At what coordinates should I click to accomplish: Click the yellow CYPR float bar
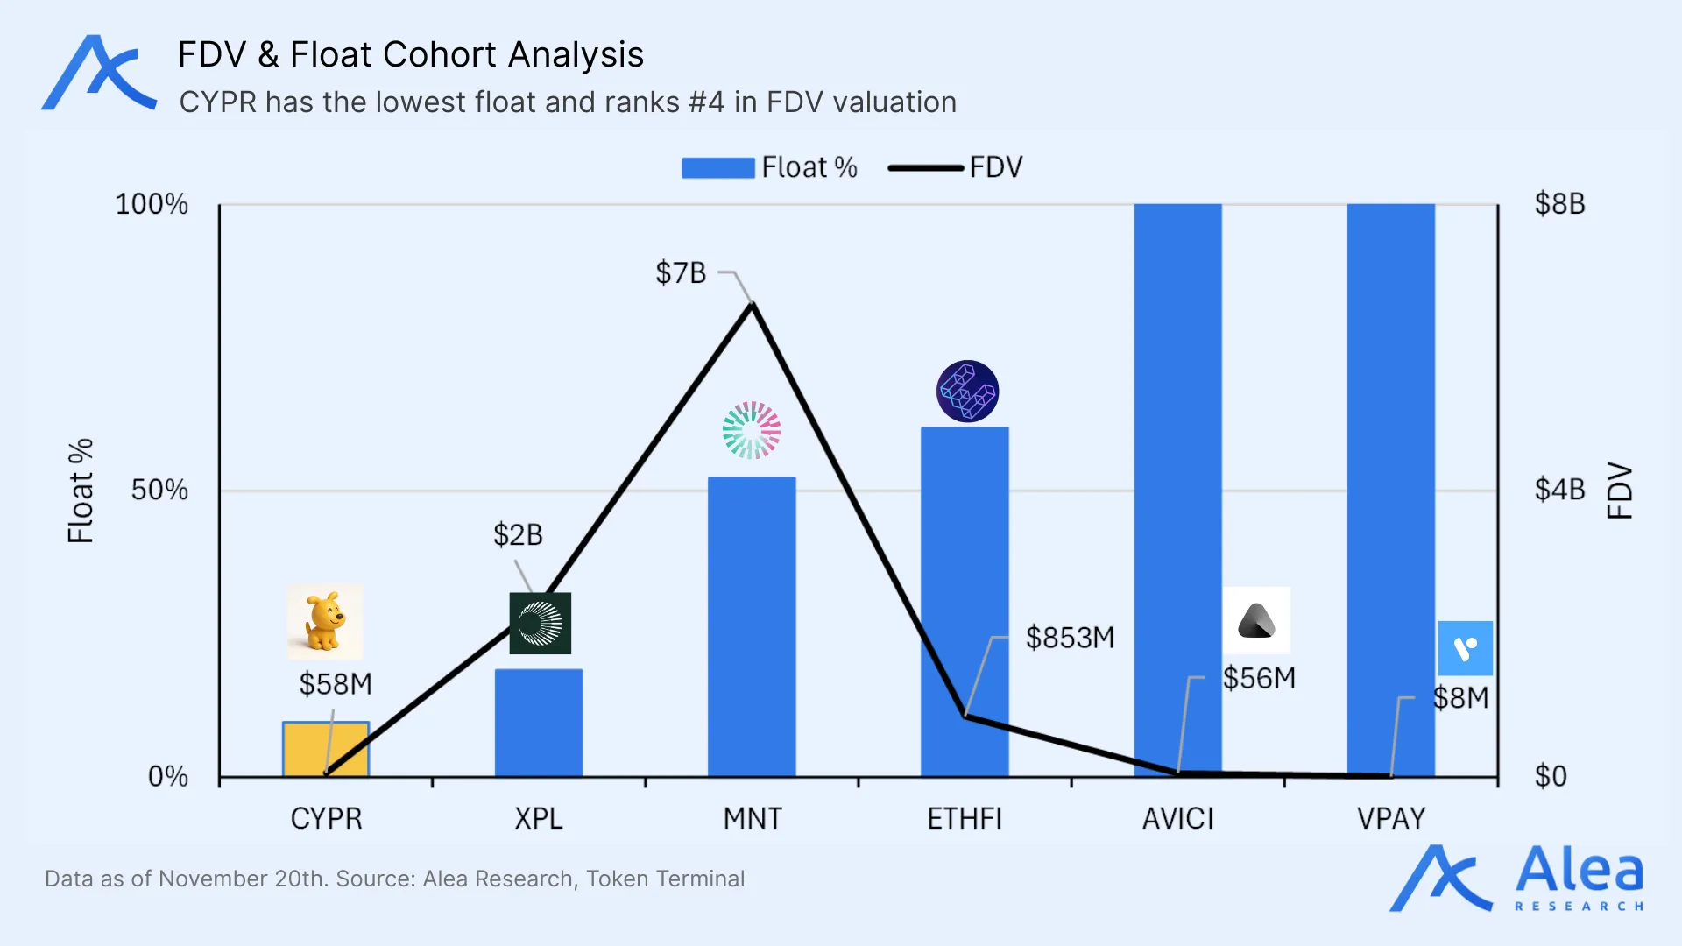click(x=326, y=750)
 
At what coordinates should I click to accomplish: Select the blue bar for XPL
click(x=539, y=723)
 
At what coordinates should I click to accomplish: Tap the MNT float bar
click(x=752, y=626)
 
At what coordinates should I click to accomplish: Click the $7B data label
click(x=681, y=272)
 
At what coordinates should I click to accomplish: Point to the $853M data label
click(x=1070, y=637)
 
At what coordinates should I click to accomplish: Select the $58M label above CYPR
click(x=336, y=683)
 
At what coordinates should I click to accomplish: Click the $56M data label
click(x=1259, y=677)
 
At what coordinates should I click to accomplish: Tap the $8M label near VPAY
click(x=1460, y=698)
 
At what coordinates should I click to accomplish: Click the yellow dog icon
click(x=325, y=622)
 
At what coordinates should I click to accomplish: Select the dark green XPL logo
click(x=540, y=623)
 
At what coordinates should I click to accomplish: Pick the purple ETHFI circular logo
click(x=967, y=391)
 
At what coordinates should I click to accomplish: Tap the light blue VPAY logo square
click(x=1465, y=648)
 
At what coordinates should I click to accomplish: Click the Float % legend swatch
click(x=717, y=167)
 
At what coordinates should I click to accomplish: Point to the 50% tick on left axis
click(x=159, y=490)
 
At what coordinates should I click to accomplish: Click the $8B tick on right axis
click(x=1559, y=204)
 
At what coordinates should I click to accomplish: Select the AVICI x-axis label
click(x=1177, y=818)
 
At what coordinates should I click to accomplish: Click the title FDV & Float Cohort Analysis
click(x=410, y=54)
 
